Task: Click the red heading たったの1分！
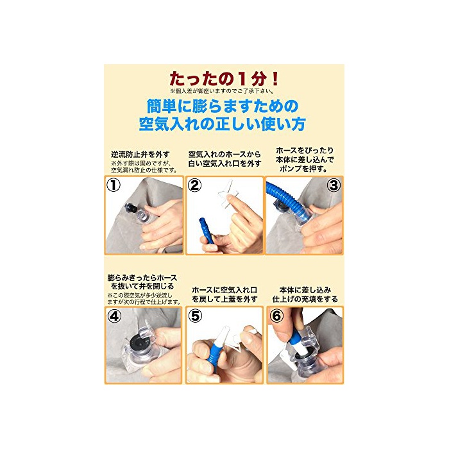[224, 79]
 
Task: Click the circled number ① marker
[114, 185]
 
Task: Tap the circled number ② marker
[195, 185]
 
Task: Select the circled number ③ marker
[334, 185]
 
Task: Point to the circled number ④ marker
[114, 316]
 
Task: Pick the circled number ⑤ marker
[195, 316]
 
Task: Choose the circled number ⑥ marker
[276, 316]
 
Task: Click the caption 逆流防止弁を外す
[140, 155]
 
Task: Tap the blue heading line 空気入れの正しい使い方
[222, 124]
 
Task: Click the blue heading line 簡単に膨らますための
[223, 106]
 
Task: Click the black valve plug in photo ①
[131, 208]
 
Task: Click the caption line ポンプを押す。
[304, 169]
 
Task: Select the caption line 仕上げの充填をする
[305, 300]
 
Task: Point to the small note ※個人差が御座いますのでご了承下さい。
[222, 91]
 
